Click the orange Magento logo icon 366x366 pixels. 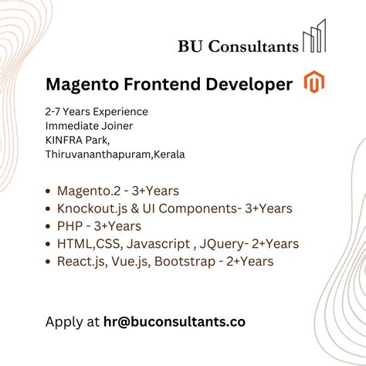(x=313, y=83)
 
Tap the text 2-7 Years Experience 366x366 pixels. (x=97, y=112)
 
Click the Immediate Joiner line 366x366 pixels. (x=90, y=126)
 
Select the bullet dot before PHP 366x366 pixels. (x=49, y=227)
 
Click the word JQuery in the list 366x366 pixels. (x=219, y=244)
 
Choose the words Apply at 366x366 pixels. (x=73, y=321)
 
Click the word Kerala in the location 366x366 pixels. (x=169, y=154)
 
